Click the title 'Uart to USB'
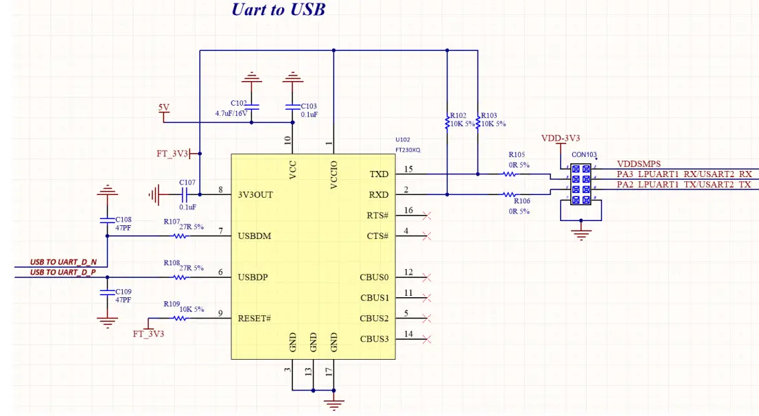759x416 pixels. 278,10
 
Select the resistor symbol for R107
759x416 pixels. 180,236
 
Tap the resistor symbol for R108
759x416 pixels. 180,277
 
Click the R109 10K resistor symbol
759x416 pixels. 180,319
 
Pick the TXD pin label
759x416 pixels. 379,174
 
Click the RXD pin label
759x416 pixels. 379,195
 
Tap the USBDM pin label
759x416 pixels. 254,236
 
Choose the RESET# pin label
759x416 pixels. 255,319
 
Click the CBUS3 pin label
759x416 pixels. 374,338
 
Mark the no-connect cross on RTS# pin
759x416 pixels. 427,216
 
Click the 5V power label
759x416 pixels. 163,108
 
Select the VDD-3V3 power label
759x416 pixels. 561,137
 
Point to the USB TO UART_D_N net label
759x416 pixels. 63,262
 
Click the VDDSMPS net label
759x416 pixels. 638,164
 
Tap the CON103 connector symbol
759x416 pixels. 581,184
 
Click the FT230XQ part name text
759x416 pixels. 408,149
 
